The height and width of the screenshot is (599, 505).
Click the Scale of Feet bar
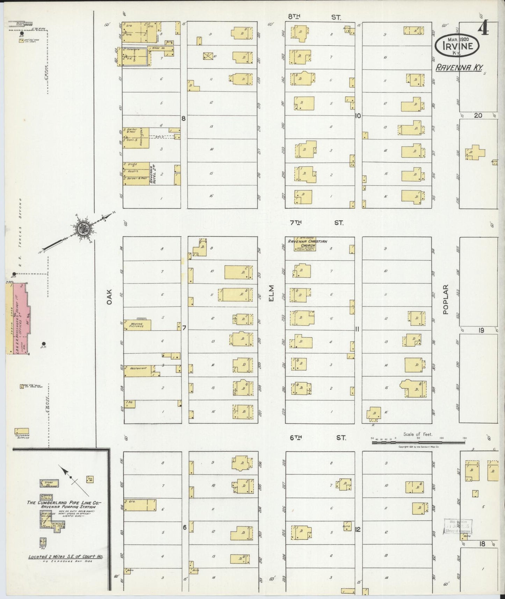(418, 442)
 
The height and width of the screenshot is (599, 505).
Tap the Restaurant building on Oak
(138, 371)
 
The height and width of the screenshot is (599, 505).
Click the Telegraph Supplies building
(22, 431)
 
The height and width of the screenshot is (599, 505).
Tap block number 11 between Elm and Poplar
(357, 329)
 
